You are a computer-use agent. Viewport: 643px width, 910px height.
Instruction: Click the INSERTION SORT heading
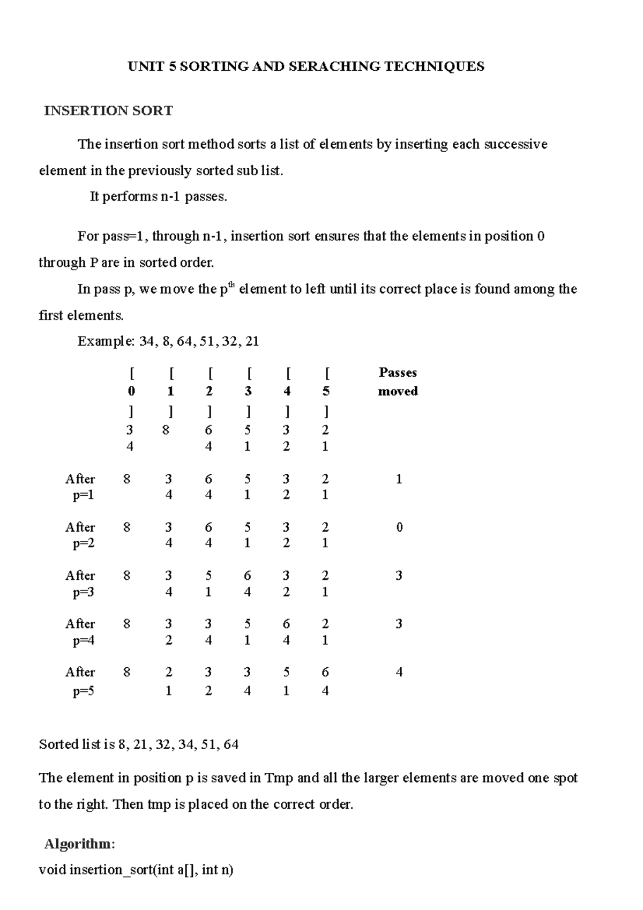[108, 111]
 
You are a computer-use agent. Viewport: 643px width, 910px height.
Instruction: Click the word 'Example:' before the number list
[106, 341]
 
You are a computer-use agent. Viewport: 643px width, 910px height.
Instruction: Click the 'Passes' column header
[398, 372]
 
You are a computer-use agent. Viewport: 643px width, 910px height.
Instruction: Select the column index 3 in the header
[248, 391]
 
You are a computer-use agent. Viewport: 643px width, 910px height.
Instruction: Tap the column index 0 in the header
[131, 391]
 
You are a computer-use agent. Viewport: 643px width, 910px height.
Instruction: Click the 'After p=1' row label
[81, 487]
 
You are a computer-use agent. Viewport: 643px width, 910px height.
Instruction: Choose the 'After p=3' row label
[81, 584]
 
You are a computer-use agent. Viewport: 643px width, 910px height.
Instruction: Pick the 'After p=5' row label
[81, 681]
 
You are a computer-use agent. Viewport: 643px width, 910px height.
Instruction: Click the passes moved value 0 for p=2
[399, 527]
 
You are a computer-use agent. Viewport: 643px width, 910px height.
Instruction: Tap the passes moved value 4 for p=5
[399, 672]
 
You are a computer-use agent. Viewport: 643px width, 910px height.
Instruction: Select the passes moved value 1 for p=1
[399, 479]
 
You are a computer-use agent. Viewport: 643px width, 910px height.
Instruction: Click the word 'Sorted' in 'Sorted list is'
[58, 744]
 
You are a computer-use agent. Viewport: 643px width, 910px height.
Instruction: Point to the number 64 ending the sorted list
[231, 744]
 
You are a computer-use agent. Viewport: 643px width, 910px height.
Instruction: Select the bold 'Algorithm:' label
[79, 844]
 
